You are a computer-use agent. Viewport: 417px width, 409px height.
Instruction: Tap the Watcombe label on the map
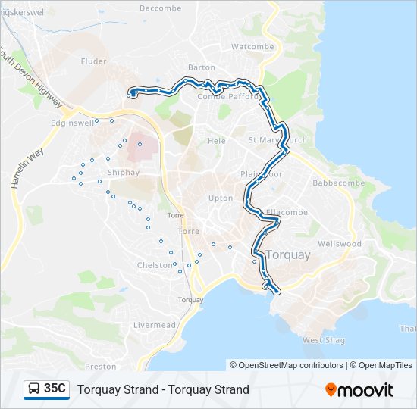[x=251, y=46]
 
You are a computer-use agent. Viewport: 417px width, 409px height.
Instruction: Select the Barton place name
[x=202, y=67]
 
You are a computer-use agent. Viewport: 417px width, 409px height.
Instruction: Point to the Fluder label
[x=93, y=61]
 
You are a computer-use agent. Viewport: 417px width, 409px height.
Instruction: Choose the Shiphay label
[x=124, y=172]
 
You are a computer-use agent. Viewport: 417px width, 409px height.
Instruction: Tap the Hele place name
[x=217, y=141]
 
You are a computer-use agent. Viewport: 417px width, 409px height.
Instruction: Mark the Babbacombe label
[x=338, y=183]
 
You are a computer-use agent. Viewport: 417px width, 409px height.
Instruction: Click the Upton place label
[x=221, y=198]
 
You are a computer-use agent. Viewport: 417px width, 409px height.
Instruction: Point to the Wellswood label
[x=340, y=245]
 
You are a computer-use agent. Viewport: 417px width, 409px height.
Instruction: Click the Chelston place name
[x=155, y=265]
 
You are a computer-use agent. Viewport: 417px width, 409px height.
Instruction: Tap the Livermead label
[x=154, y=325]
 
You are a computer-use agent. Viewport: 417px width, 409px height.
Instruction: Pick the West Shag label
[x=323, y=340]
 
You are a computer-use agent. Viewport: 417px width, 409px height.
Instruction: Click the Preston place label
[x=101, y=367]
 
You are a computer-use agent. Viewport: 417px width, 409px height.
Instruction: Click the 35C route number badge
[x=55, y=389]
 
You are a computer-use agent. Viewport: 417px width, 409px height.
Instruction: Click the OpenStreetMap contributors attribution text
[x=291, y=365]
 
